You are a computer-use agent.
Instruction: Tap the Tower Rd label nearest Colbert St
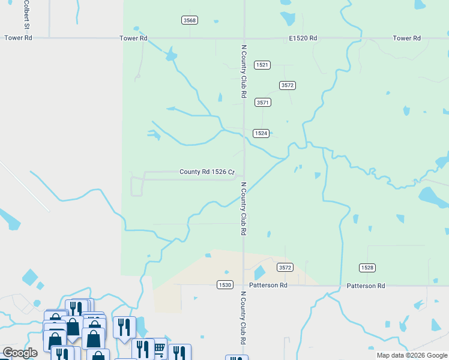[x=17, y=38]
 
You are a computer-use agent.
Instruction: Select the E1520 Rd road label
[x=303, y=38]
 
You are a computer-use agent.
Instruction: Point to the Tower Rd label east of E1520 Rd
[x=406, y=38]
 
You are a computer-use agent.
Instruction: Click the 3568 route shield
[x=189, y=20]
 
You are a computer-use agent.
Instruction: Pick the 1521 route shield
[x=262, y=65]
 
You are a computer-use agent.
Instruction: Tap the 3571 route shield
[x=263, y=103]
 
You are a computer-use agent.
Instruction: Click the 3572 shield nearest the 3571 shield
[x=288, y=86]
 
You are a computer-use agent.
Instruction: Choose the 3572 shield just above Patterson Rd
[x=285, y=267]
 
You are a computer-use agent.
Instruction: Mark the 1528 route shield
[x=367, y=267]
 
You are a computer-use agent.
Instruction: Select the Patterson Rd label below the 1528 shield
[x=366, y=286]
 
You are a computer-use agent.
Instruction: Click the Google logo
[x=20, y=353]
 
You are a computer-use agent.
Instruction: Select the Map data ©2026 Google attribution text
[x=411, y=355]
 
